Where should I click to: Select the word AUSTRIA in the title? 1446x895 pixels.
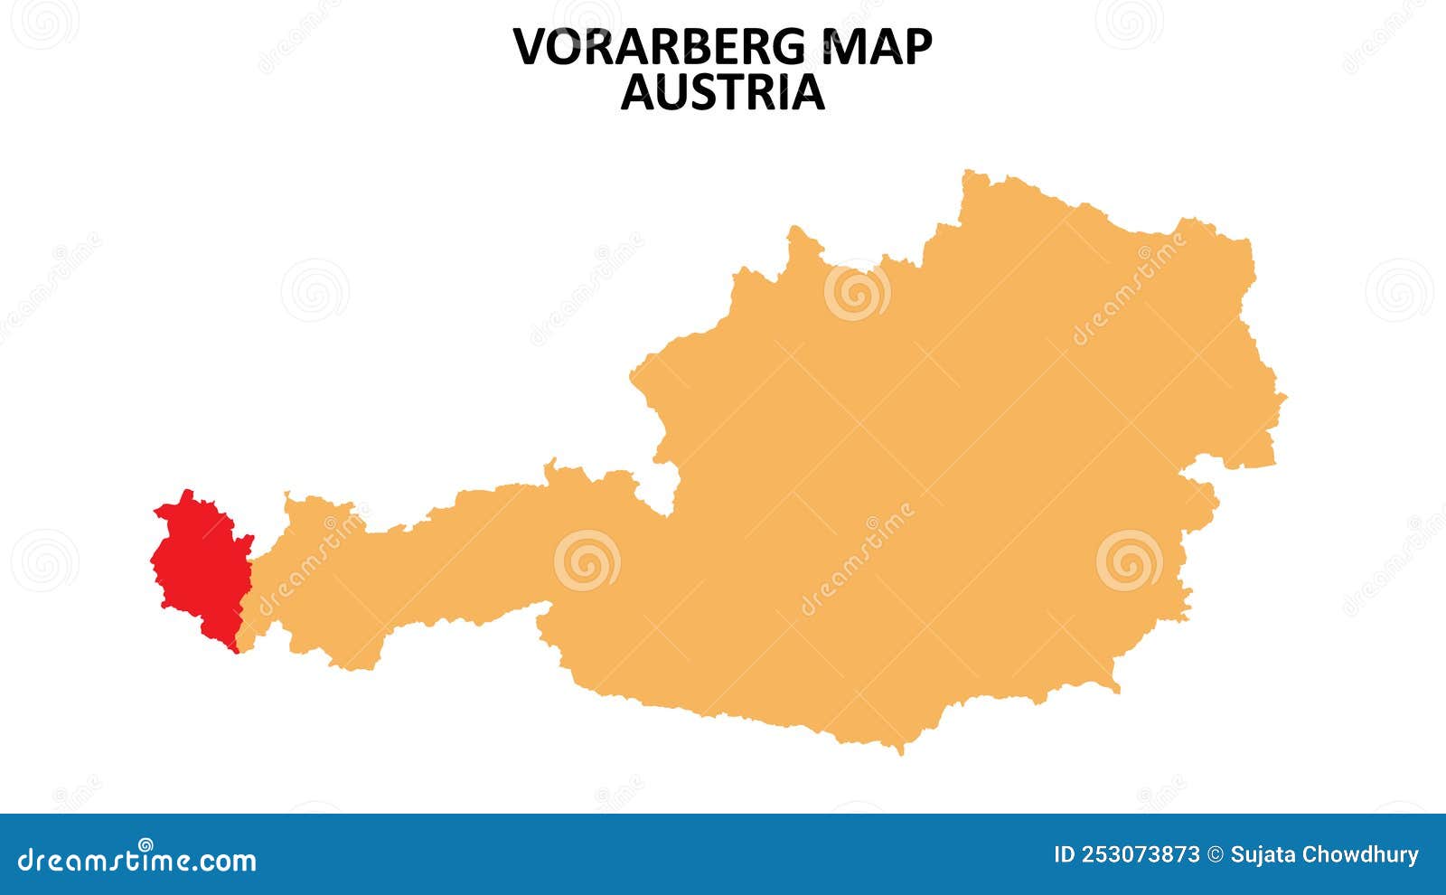pyautogui.click(x=722, y=92)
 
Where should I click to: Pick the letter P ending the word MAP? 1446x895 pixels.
pyautogui.click(x=916, y=47)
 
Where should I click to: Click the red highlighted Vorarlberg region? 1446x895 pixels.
pyautogui.click(x=201, y=570)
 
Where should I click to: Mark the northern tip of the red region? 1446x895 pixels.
pyautogui.click(x=187, y=492)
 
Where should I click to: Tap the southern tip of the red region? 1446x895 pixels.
pyautogui.click(x=236, y=651)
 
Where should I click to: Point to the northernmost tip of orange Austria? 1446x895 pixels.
pyautogui.click(x=970, y=171)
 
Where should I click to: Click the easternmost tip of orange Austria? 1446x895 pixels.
pyautogui.click(x=1285, y=395)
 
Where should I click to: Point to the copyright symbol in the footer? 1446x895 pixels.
pyautogui.click(x=1216, y=855)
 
